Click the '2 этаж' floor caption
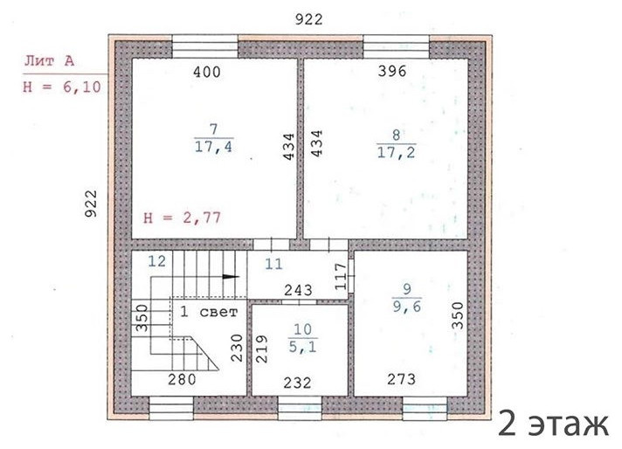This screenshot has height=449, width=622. (553, 425)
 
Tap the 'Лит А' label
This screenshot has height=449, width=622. (50, 61)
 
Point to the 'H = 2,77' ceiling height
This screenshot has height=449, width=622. (182, 218)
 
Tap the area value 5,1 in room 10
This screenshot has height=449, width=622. (302, 345)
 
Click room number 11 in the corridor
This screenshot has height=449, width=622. (274, 262)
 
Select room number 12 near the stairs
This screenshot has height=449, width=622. (156, 260)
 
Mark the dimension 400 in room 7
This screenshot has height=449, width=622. (206, 73)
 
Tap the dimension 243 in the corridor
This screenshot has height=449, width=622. (300, 288)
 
